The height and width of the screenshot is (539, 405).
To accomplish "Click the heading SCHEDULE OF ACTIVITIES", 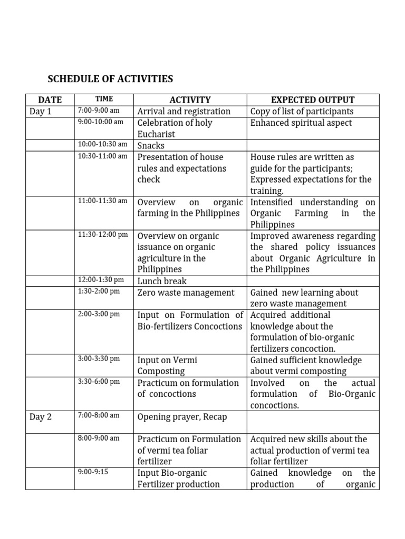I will click(x=110, y=79).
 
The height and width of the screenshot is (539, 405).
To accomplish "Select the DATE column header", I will click(x=50, y=99).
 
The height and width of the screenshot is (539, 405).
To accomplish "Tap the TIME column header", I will click(x=104, y=99).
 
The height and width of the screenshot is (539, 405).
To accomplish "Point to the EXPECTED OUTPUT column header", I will click(x=313, y=99).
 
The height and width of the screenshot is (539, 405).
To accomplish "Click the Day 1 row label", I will click(x=41, y=111).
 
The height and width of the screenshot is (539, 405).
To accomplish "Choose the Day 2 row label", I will click(x=41, y=417).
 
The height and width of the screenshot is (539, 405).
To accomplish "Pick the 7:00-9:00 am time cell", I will click(x=99, y=111).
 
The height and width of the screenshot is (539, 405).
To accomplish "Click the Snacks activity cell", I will click(x=151, y=146).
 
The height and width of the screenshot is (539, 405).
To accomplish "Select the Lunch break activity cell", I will click(x=162, y=281).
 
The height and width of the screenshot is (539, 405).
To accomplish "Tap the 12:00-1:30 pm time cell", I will click(x=101, y=280).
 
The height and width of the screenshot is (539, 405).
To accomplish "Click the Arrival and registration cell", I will click(x=184, y=111).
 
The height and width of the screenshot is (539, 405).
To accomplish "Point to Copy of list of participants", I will click(x=302, y=111).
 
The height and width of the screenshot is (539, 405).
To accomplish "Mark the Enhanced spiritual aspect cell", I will click(x=301, y=123).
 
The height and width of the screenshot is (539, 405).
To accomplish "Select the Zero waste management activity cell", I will click(x=186, y=293).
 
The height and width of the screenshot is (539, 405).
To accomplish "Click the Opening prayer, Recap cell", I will click(x=182, y=417).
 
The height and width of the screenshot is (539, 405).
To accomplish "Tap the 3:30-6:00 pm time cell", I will click(x=99, y=382).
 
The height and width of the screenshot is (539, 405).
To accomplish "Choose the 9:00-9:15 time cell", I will click(x=92, y=472).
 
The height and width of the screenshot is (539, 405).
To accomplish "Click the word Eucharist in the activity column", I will click(x=156, y=134).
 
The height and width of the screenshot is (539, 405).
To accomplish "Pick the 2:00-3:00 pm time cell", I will click(x=99, y=314).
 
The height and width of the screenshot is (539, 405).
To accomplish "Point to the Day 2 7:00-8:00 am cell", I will click(x=99, y=415).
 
